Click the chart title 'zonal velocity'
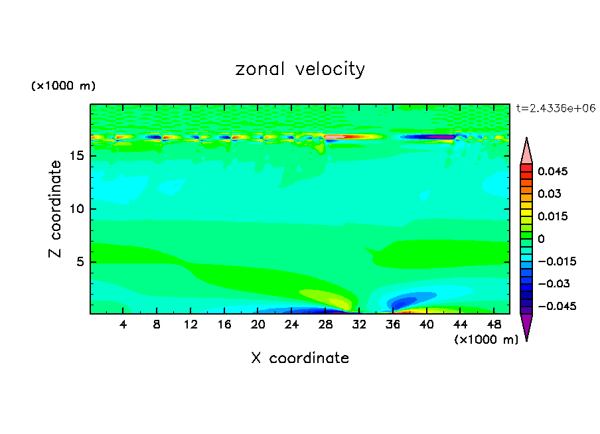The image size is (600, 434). pos(300,69)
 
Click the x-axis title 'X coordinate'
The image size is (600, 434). pos(300,358)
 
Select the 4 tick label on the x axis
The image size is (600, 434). pos(123,325)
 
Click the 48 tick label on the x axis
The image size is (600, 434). pos(493,325)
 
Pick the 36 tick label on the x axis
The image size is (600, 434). pos(392,325)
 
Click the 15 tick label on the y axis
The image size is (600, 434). pos(76,157)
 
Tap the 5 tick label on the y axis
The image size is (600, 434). pos(80,261)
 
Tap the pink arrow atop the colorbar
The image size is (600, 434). pos(526,151)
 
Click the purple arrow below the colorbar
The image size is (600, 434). pos(526,326)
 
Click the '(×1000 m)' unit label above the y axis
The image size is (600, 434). pos(63,86)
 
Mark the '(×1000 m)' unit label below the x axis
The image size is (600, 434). pos(486,340)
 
